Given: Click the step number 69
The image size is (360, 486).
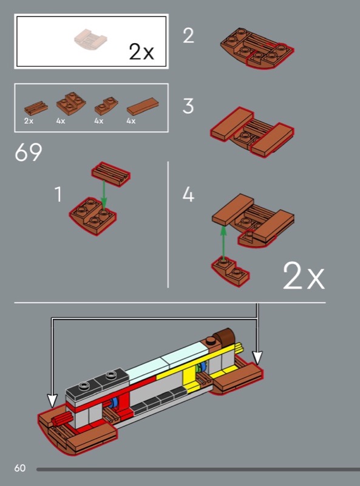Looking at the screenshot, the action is coord(28,152).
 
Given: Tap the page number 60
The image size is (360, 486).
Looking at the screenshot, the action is coord(20,468).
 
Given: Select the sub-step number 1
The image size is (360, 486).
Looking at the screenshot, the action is coord(58,194).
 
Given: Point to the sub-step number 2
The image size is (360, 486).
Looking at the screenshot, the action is coord(188,35).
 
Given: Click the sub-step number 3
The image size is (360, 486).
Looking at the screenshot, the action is coord(188,106).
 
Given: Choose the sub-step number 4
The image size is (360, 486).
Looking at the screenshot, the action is coord(188,194).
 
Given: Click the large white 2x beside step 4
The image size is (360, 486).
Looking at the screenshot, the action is coord(304,276).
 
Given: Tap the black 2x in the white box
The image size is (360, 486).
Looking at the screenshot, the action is coord(141,52).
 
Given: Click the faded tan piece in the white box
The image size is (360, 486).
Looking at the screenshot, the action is coord(90,39).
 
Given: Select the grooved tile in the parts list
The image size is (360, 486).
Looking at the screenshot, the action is coord(36,108).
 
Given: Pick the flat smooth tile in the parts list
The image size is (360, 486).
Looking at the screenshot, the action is coord(143,106).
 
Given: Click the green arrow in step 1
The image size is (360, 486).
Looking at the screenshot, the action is coord(104,195).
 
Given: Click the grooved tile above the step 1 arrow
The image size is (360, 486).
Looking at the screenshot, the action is coord(111,174).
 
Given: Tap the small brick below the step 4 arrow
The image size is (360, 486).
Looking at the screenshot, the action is coord(231,272).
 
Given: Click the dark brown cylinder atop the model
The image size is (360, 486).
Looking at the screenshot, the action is coord(226,337).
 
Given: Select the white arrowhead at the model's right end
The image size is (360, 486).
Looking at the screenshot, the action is coord(257,358).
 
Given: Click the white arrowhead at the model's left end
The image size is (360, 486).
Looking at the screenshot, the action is coord(52,401).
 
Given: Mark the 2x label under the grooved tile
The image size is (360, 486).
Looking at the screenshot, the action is coord(29,121).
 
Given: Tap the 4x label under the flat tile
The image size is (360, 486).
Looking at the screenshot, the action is coord(131,121).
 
